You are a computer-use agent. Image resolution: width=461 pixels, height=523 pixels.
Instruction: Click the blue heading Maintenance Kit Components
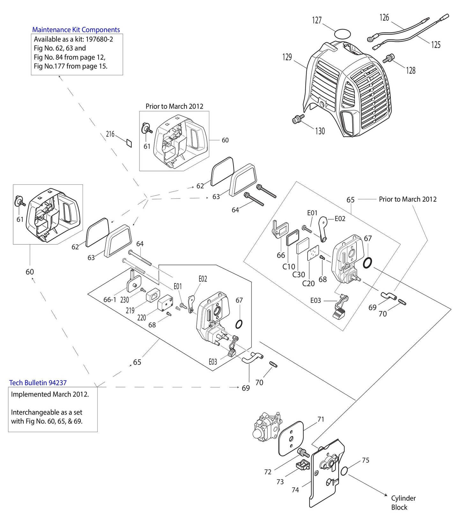click(x=76, y=30)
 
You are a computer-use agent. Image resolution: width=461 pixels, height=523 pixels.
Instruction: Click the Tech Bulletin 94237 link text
click(x=38, y=383)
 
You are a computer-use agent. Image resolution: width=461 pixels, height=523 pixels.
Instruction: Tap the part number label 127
click(x=317, y=20)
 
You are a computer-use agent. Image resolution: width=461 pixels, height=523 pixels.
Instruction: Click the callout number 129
click(x=287, y=57)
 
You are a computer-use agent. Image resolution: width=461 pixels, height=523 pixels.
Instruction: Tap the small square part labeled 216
click(x=128, y=143)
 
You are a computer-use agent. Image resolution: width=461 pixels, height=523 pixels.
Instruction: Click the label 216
click(x=110, y=134)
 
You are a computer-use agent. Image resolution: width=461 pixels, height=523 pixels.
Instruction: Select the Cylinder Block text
click(x=403, y=503)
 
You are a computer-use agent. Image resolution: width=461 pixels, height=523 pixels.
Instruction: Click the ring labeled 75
click(x=344, y=471)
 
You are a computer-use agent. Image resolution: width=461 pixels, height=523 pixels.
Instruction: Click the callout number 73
click(x=280, y=482)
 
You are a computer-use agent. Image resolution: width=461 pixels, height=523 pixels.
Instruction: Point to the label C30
click(x=299, y=274)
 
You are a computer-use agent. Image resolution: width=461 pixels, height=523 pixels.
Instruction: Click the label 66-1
click(x=110, y=300)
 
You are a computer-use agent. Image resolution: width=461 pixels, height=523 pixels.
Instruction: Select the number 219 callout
click(x=130, y=310)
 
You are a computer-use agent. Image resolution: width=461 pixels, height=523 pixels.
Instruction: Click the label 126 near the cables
click(x=384, y=18)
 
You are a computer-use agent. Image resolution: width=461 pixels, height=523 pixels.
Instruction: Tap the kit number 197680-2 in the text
click(x=99, y=39)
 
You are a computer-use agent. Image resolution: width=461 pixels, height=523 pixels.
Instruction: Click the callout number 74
click(x=295, y=489)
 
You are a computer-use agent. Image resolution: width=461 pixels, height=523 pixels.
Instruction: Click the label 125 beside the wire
click(x=435, y=45)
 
